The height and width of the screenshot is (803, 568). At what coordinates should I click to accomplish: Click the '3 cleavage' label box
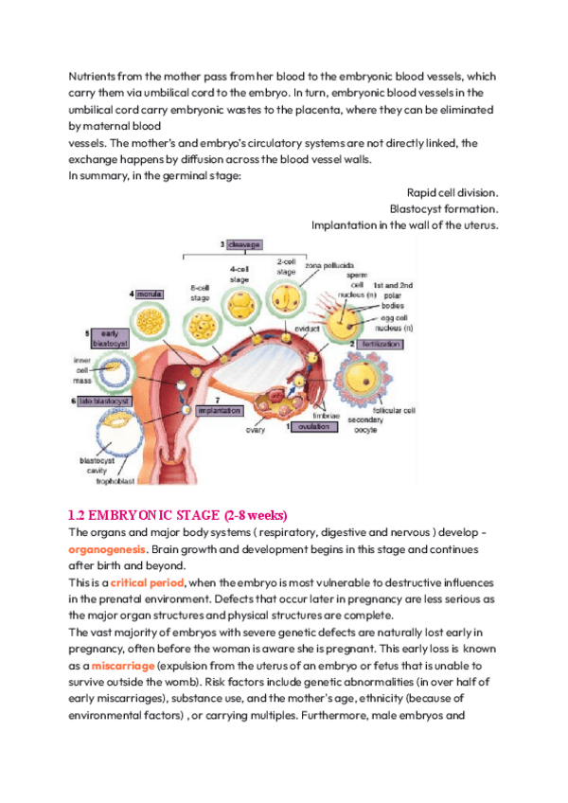coord(241,244)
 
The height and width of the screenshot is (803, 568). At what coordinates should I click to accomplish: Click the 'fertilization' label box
coord(376,345)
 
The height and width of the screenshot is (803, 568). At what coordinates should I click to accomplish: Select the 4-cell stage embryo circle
coord(240,305)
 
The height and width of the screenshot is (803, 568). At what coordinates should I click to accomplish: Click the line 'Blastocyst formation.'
coord(444,207)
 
